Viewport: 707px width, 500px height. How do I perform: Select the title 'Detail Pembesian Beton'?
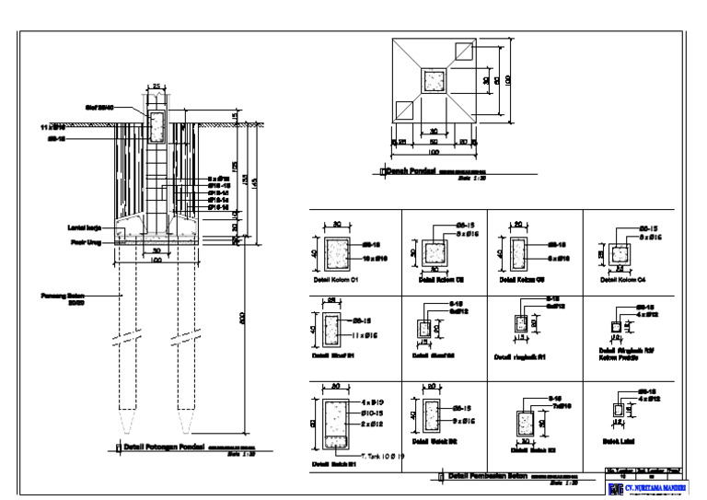487,475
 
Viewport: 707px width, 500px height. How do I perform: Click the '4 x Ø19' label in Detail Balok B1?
372,402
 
